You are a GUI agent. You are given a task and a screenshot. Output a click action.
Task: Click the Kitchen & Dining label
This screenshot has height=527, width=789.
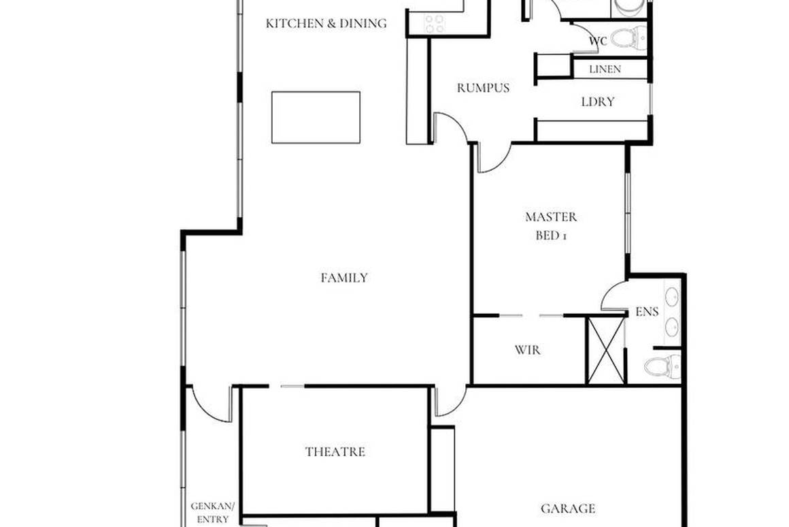point(326,24)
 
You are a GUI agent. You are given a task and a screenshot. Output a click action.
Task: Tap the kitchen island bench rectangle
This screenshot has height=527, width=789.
point(316,117)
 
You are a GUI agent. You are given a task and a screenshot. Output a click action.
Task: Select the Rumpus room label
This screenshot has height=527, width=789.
point(483,88)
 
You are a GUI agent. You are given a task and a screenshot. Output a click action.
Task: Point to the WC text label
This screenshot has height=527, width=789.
point(598,42)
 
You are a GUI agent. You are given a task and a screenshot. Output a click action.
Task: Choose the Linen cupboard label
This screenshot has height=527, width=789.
point(605,69)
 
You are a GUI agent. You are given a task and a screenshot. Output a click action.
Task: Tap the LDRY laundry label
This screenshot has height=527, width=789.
point(598,102)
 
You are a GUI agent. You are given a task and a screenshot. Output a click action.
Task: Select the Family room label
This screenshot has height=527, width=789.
point(344,278)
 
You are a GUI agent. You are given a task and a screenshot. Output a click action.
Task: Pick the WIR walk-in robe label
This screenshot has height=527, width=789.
point(528,351)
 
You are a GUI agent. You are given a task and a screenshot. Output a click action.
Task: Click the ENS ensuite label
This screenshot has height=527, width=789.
point(647,313)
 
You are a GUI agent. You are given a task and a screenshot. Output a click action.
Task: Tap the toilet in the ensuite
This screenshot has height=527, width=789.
point(660,368)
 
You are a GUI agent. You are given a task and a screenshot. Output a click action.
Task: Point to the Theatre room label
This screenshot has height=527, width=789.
point(335,452)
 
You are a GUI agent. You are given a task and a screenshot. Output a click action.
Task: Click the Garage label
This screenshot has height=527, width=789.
point(568,509)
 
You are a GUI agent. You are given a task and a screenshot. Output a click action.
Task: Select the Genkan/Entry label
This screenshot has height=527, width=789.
point(212,513)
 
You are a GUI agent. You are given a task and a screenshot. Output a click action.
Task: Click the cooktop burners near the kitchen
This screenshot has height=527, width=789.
point(434,24)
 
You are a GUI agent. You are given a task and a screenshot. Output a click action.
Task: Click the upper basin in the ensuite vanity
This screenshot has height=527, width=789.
point(671,297)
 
